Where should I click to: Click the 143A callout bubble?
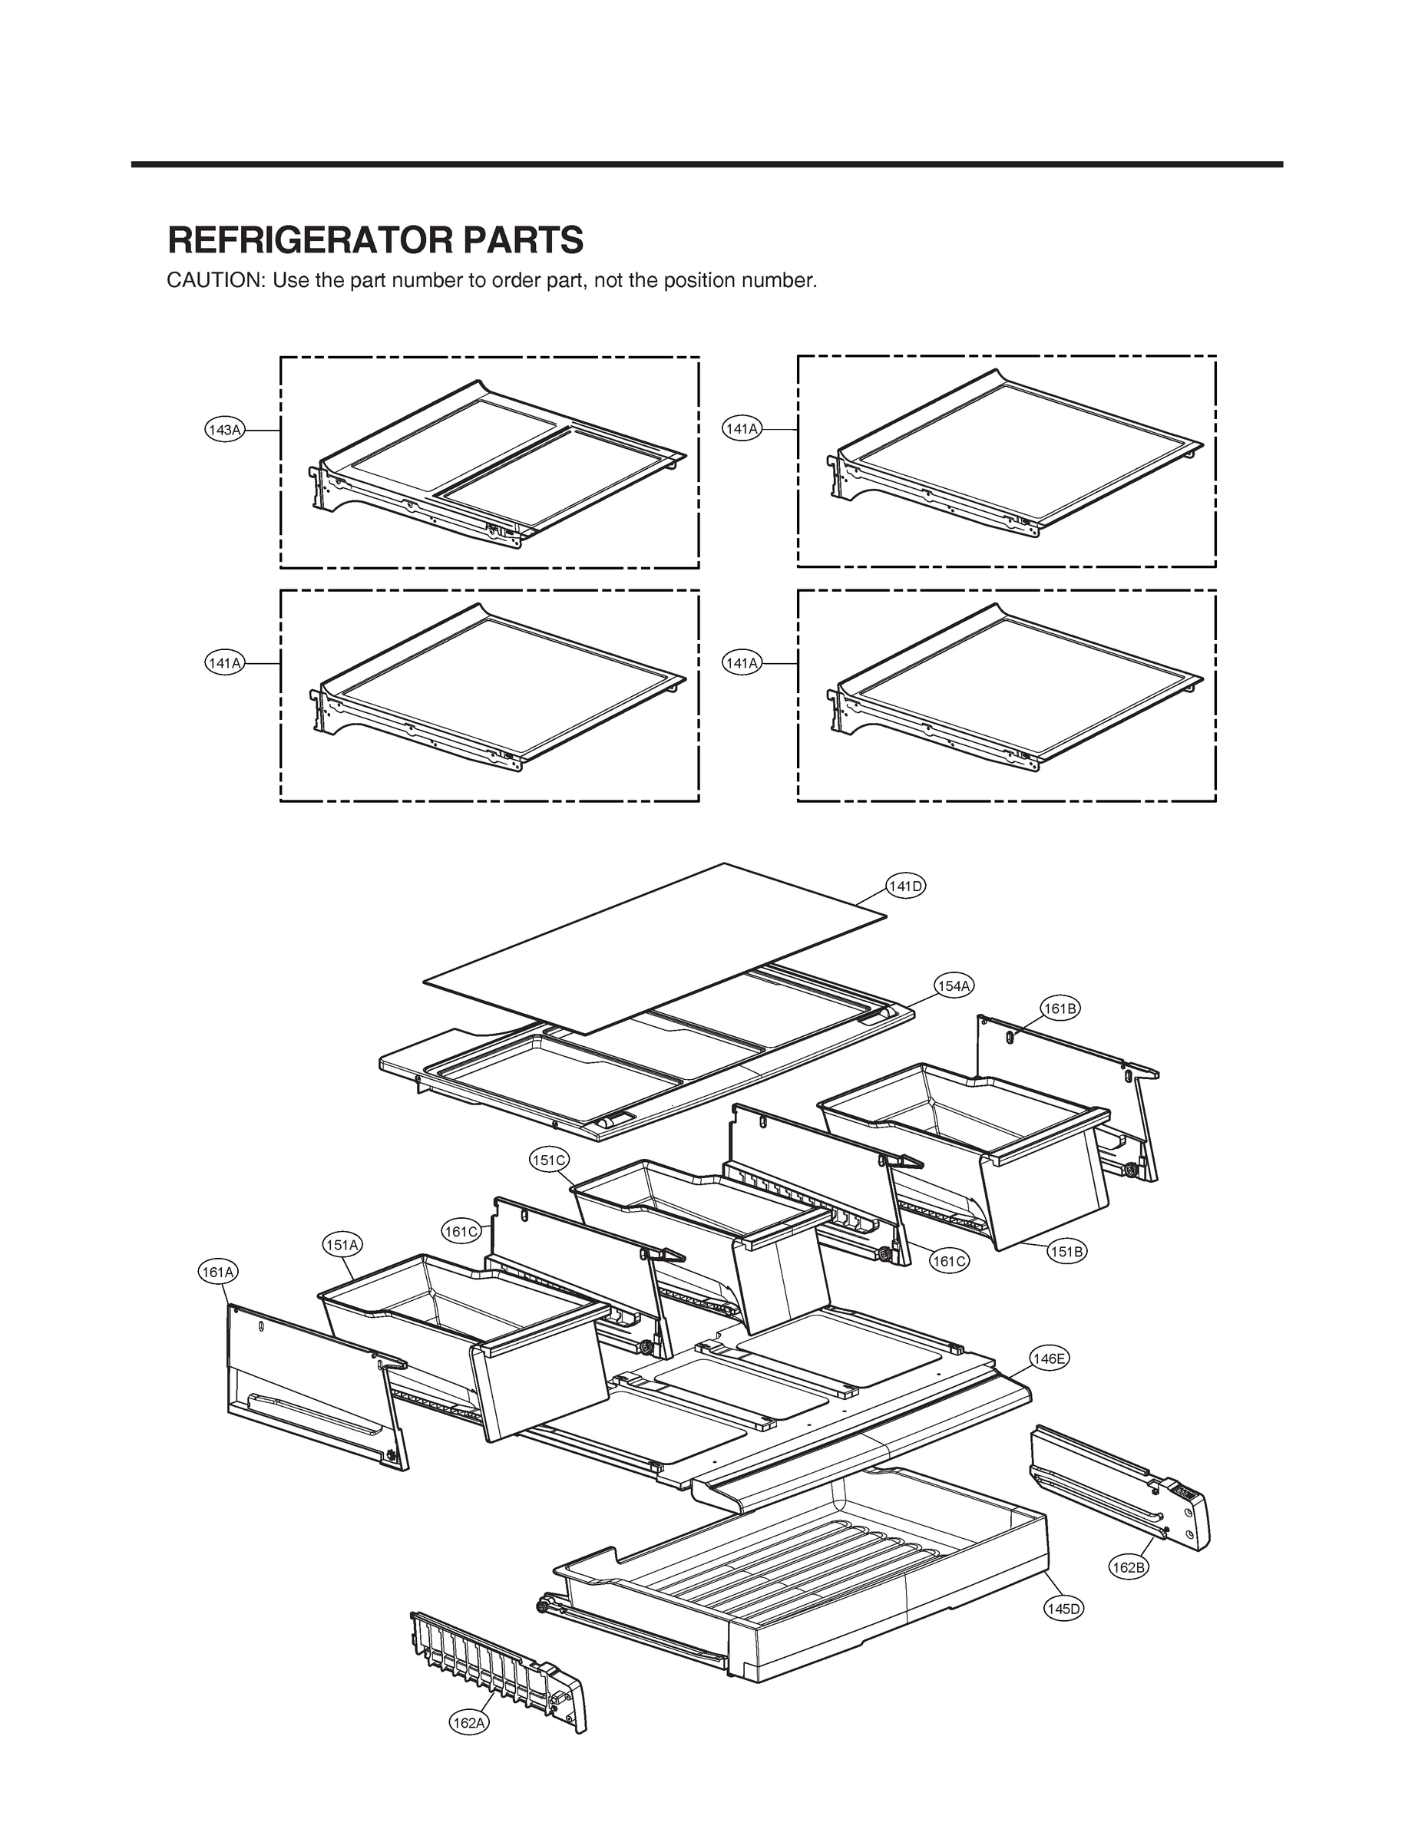(224, 431)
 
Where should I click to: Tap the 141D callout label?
(906, 886)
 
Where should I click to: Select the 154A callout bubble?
(954, 985)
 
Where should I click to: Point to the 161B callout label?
(1060, 1008)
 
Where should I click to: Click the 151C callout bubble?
(549, 1160)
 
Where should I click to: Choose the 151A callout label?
(342, 1244)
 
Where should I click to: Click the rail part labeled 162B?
(1120, 1490)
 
